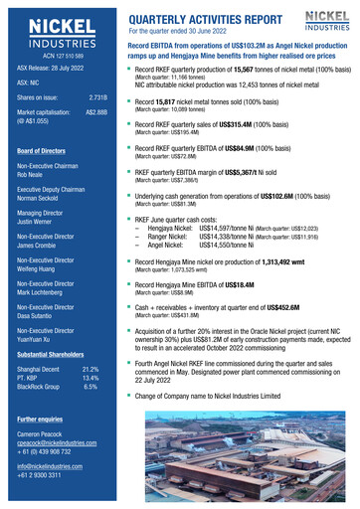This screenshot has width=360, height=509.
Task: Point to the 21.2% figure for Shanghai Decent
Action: (x=90, y=369)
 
